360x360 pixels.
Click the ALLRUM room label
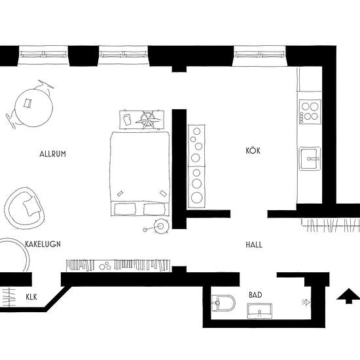(52, 154)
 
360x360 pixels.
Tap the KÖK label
(253, 151)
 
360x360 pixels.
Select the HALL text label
(254, 245)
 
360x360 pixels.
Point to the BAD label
(255, 295)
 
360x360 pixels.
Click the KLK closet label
(31, 297)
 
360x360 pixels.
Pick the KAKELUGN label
(43, 244)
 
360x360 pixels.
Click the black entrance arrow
(348, 296)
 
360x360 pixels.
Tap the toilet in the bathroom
(223, 302)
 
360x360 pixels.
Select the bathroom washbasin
(259, 311)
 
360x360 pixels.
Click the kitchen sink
(310, 158)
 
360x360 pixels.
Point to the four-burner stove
(310, 112)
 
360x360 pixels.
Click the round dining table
(34, 108)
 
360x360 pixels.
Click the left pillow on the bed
(124, 209)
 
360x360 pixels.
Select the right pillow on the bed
(154, 209)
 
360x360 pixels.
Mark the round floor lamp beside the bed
(161, 226)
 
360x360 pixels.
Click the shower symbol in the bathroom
(306, 302)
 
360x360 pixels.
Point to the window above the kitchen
(259, 55)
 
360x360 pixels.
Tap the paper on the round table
(27, 103)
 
